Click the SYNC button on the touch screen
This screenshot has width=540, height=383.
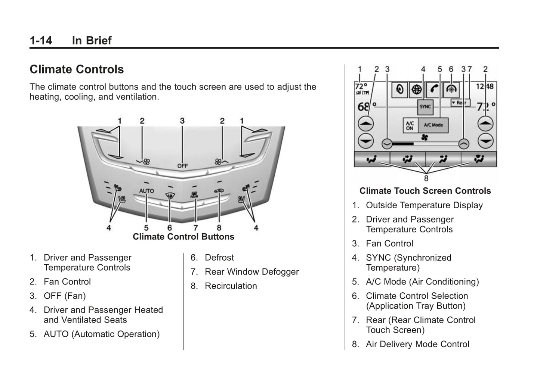pos(425,107)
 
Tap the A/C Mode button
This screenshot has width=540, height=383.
pos(433,125)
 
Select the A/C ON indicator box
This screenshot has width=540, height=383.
pos(410,125)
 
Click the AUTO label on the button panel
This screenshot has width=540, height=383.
pos(146,191)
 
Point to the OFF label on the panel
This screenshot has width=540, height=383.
pos(182,166)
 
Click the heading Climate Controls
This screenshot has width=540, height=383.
pos(77,69)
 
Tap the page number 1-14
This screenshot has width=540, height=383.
pos(41,40)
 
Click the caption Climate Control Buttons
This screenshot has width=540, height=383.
pos(183,237)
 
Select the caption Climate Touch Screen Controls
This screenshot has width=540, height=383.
pos(425,191)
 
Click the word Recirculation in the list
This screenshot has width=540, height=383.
pos(231,286)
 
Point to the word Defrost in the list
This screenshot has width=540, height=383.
pos(219,258)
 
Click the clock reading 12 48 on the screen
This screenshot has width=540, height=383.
pos(485,87)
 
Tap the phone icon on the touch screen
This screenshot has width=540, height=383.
pos(434,89)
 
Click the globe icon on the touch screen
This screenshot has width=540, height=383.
pos(417,89)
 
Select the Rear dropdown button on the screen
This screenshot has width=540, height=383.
pos(460,102)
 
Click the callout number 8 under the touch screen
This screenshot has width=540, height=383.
pos(426,178)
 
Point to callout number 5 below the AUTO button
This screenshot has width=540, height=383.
pos(146,228)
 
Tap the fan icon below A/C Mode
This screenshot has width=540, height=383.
pos(425,137)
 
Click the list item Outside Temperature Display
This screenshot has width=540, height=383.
pos(424,205)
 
